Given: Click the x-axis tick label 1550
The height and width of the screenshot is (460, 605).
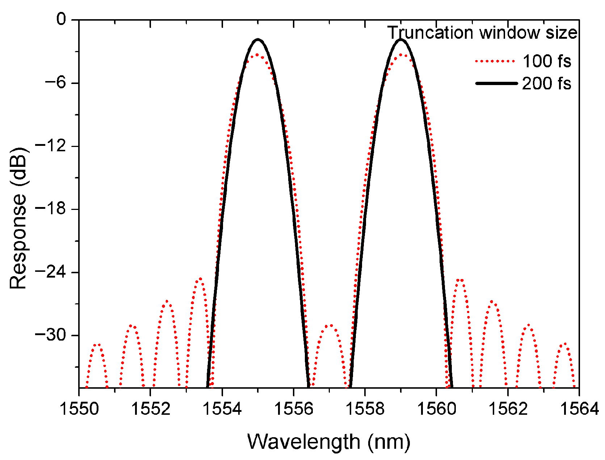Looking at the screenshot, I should pyautogui.click(x=79, y=409).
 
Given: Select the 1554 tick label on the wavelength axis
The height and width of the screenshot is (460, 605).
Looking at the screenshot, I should pyautogui.click(x=222, y=409).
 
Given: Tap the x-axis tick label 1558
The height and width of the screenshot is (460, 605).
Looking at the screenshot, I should pyautogui.click(x=365, y=409).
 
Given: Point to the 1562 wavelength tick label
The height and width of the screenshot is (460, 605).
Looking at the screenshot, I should pyautogui.click(x=508, y=409).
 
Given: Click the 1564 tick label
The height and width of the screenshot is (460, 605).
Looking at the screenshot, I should pyautogui.click(x=579, y=409).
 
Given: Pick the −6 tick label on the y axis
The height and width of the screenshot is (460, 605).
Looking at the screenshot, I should pyautogui.click(x=54, y=83).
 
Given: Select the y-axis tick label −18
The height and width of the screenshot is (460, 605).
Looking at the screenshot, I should pyautogui.click(x=50, y=209).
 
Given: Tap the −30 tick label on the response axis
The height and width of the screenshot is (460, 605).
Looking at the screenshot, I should pyautogui.click(x=50, y=335).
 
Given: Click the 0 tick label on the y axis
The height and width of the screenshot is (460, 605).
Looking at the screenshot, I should pyautogui.click(x=62, y=20).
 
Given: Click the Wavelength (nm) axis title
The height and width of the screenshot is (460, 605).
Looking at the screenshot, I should pyautogui.click(x=329, y=442).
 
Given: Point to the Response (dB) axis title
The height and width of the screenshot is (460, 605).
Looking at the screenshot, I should pyautogui.click(x=18, y=218).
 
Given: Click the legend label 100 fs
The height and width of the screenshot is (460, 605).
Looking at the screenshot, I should pyautogui.click(x=546, y=61).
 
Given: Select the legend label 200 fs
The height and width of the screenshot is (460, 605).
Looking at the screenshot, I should pyautogui.click(x=546, y=84).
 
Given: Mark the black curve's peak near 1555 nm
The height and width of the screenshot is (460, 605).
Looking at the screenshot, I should pyautogui.click(x=258, y=39).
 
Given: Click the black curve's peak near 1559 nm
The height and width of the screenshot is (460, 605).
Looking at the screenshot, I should pyautogui.click(x=400, y=39).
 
